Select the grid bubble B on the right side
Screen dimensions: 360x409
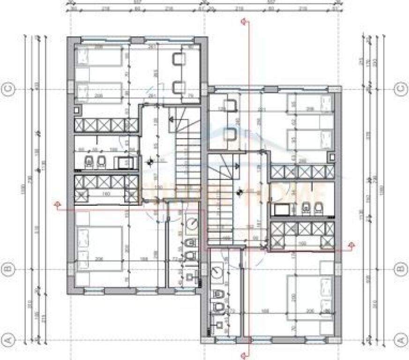point(401,269)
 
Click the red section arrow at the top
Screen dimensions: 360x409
point(243,21)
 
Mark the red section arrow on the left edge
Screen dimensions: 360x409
point(57,205)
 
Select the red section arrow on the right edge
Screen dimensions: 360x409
point(351,244)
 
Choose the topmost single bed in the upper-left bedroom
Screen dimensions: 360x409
point(99,57)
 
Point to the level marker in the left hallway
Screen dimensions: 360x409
point(150,162)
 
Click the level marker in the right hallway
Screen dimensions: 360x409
point(239,191)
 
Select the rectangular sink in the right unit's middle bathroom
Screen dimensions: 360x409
point(282,209)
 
